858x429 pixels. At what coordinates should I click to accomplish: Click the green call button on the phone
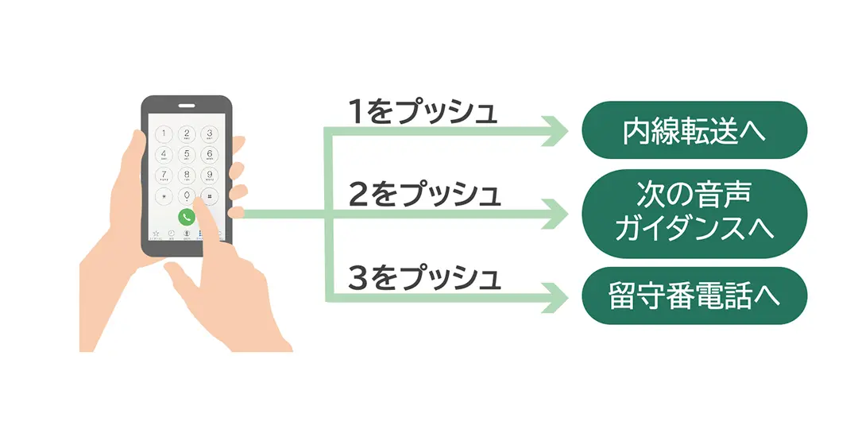pos(187,216)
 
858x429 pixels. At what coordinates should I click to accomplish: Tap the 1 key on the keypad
pos(164,133)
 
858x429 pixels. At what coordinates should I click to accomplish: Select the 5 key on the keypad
pos(187,154)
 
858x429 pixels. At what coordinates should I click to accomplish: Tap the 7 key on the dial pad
pos(164,175)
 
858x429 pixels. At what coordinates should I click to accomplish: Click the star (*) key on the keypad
pos(164,195)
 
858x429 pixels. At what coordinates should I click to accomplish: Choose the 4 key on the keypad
pos(164,154)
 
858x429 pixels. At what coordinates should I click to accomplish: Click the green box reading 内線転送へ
pos(694,129)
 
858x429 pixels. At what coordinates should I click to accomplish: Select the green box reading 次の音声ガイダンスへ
pos(694,214)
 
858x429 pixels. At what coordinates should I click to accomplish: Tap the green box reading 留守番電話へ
pos(694,296)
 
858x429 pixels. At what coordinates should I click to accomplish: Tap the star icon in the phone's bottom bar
pos(157,234)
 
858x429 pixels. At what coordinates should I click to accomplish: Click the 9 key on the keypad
pos(209,175)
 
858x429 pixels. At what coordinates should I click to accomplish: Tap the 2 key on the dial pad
pos(187,133)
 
